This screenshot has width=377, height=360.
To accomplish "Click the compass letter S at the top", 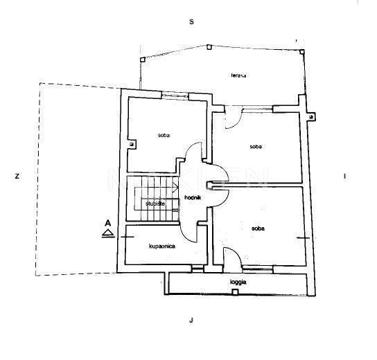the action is pos(191,22).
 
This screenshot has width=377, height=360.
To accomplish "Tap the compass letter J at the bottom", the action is pos(191,320).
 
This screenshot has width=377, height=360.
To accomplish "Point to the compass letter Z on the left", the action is pos(17,177).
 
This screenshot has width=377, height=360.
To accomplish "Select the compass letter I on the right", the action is pos(345,177).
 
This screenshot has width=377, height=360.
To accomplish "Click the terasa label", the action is pos(238,75).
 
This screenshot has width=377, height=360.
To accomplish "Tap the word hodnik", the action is pos(193,197).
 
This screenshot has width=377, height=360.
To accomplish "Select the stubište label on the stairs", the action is pos(155,204).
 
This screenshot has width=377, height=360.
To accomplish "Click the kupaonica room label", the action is pos(162,246).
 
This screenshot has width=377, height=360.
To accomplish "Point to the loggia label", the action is pos(238,282).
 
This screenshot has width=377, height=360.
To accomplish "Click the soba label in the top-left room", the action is pos(164,135).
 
